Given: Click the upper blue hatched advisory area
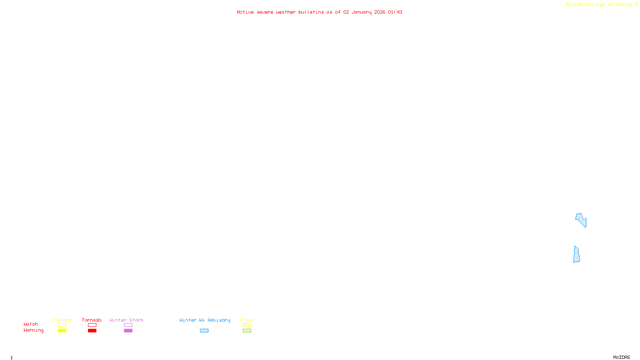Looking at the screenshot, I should tap(580, 219).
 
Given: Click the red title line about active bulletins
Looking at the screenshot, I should tap(319, 12).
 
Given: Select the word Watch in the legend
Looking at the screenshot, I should tap(31, 324).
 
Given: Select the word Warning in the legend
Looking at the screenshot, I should tap(33, 330).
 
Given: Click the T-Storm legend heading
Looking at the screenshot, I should tap(62, 320).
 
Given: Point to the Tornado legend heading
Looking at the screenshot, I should tap(92, 320).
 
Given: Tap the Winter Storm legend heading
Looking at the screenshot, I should tap(126, 320).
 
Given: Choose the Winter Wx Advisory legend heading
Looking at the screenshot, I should tap(205, 320).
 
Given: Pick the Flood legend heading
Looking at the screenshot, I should tap(247, 320).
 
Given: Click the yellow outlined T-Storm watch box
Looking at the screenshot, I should tap(62, 325).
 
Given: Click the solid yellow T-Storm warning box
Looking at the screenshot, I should tap(62, 331).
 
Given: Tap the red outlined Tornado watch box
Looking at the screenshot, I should tap(92, 325).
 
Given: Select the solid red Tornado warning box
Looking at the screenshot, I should tap(92, 331).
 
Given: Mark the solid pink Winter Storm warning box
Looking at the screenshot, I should tap(128, 331).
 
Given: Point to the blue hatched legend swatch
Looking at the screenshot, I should tap(204, 331).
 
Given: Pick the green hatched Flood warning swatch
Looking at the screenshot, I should tap(247, 331).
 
